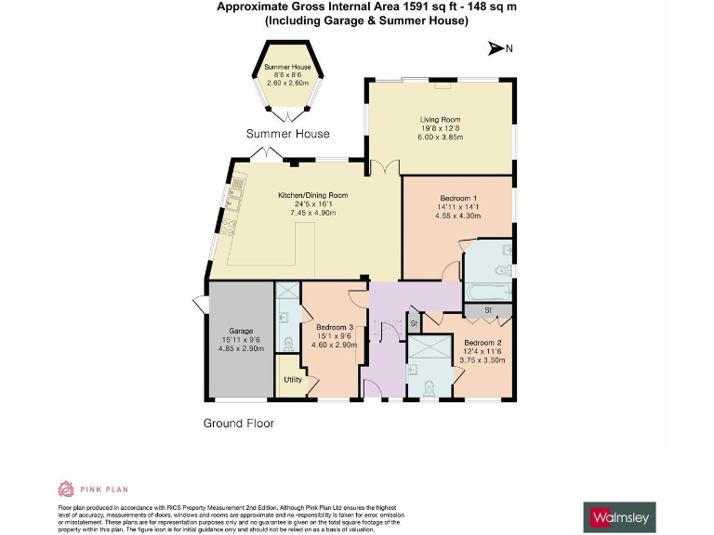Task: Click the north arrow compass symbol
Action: [500, 49]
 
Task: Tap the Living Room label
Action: [440, 120]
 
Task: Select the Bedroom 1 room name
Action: [456, 199]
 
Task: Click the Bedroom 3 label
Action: [335, 328]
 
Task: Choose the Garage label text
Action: [241, 331]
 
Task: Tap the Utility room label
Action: [292, 380]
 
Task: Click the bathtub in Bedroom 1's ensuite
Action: [487, 293]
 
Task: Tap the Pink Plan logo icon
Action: [66, 489]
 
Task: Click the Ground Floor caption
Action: [239, 423]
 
